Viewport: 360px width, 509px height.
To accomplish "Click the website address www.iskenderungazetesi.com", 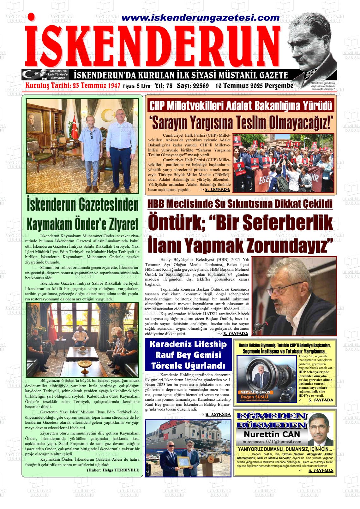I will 196,18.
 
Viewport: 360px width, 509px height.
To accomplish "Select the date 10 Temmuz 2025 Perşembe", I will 254,86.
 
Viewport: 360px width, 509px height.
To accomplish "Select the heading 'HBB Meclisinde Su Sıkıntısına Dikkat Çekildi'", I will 240,204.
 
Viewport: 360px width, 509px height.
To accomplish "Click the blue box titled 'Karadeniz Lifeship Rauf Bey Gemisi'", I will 188,355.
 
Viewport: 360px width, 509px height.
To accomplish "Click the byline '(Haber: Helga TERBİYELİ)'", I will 113,470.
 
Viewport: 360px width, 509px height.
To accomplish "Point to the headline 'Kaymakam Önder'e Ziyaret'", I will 83,224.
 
